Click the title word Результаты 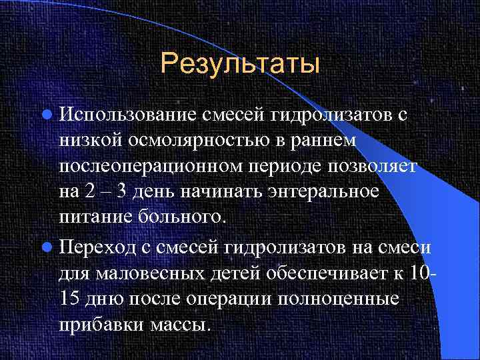241,65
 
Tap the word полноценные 347,300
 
